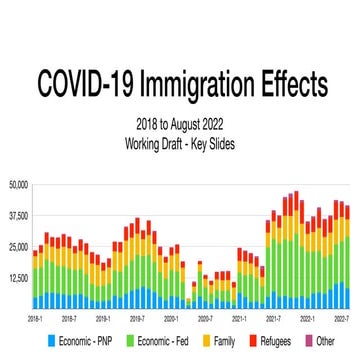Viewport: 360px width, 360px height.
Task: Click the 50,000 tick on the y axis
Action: coord(17,184)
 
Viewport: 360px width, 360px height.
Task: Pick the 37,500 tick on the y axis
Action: coord(17,215)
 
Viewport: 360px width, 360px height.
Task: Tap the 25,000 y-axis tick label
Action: coord(17,246)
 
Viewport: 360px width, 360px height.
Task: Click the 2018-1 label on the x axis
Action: coord(35,317)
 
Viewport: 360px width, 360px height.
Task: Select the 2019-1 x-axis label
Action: coord(102,317)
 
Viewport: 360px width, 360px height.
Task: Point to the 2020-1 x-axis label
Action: coord(171,317)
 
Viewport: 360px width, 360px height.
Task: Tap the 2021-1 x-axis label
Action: coord(240,317)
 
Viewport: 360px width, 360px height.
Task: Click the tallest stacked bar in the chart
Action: coord(295,250)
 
